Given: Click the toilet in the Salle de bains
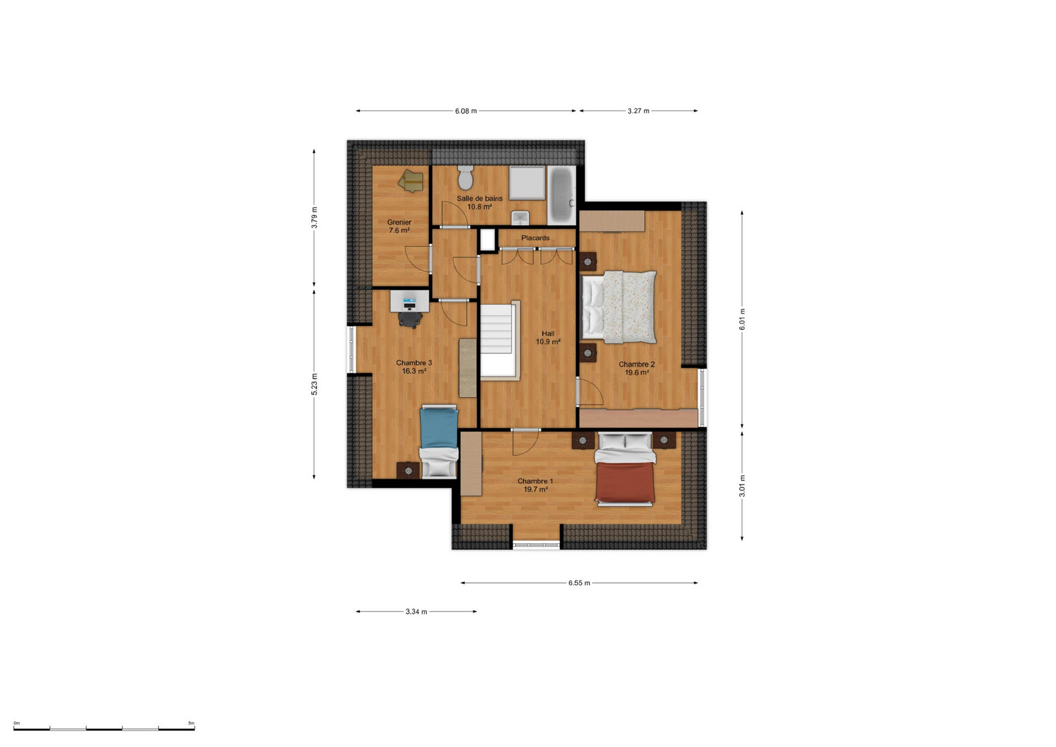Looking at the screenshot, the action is (465, 177).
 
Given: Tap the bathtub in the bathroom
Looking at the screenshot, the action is (562, 195).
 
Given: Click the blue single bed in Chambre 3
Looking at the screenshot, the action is (439, 441).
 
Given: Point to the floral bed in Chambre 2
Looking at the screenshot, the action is (619, 307).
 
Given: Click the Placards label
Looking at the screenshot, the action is (535, 238).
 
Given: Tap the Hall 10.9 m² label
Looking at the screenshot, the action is (548, 337).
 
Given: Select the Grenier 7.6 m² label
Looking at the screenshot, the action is (399, 226).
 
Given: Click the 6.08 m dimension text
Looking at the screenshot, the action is (466, 111).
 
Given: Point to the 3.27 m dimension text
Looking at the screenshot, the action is (638, 111).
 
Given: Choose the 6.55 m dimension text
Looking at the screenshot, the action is (579, 583).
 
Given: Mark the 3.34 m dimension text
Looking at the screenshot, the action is (417, 612).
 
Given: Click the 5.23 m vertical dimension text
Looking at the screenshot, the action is (314, 384).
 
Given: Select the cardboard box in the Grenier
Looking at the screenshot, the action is (411, 181).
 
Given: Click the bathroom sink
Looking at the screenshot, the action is (521, 218).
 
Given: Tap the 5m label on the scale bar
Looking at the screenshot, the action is (191, 723).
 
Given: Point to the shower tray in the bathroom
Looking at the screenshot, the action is (527, 182).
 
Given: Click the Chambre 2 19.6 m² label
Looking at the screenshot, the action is (636, 368).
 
